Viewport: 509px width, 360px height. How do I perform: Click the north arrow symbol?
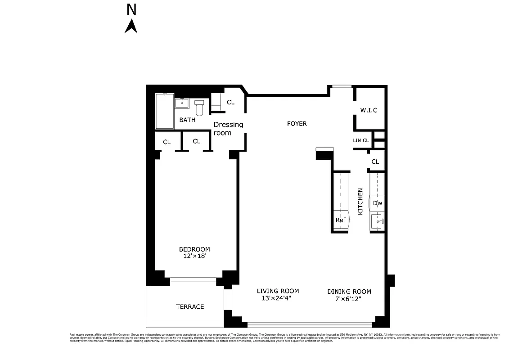pos(131,26)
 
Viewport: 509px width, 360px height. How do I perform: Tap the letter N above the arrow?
pos(131,9)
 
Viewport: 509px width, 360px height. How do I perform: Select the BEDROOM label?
pos(194,249)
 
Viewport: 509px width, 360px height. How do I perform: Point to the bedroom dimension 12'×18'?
pos(194,256)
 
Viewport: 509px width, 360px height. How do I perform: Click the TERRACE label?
pos(190,306)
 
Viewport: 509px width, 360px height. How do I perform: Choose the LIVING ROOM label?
pos(278,291)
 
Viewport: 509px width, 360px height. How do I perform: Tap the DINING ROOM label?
pos(349,292)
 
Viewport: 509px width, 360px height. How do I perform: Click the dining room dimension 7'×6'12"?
pos(349,298)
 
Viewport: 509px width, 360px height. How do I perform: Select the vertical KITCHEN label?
pos(360,201)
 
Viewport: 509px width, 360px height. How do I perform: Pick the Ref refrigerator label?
pos(340,220)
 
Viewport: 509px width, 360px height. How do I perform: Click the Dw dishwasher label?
pos(378,203)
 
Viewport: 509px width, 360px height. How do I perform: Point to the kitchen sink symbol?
pos(378,221)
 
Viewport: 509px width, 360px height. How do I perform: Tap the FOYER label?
pos(297,123)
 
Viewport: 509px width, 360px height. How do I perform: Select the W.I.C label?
pos(369,110)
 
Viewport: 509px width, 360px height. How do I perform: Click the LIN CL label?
pos(360,140)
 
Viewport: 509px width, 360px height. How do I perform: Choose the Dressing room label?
pos(228,129)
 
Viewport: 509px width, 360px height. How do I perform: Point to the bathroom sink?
pos(182,103)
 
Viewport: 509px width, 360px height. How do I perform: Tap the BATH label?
pos(187,120)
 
